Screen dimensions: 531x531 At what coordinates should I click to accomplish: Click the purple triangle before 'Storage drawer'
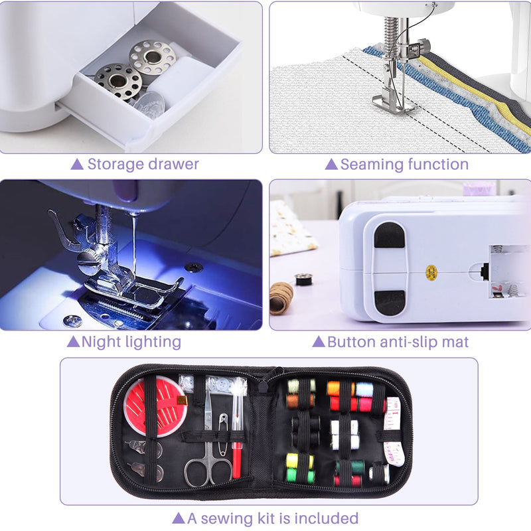click(77, 164)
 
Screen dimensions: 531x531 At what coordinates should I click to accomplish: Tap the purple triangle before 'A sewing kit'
click(178, 518)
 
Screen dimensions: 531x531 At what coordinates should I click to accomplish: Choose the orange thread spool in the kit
click(333, 388)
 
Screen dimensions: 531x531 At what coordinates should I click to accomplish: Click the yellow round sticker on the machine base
click(431, 271)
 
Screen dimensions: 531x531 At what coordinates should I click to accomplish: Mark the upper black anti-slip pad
click(389, 236)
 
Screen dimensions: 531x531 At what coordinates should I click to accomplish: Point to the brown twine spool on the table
click(281, 297)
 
